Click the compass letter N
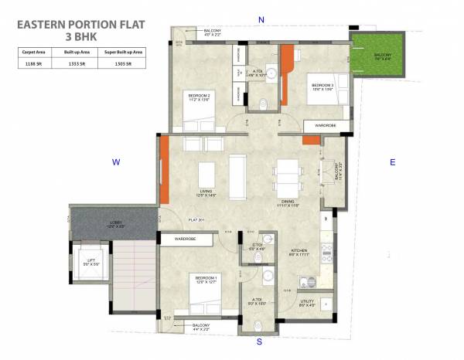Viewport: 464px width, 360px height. (x=261, y=19)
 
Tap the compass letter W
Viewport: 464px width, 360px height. (x=115, y=162)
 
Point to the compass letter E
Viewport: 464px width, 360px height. (x=392, y=162)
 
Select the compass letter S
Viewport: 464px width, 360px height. (x=261, y=340)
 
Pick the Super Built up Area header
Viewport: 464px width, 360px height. (x=122, y=52)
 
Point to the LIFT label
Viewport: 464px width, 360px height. (x=91, y=261)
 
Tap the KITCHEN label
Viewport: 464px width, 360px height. (x=299, y=251)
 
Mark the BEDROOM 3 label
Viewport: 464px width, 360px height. (x=322, y=84)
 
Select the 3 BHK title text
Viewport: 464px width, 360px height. (x=79, y=36)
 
